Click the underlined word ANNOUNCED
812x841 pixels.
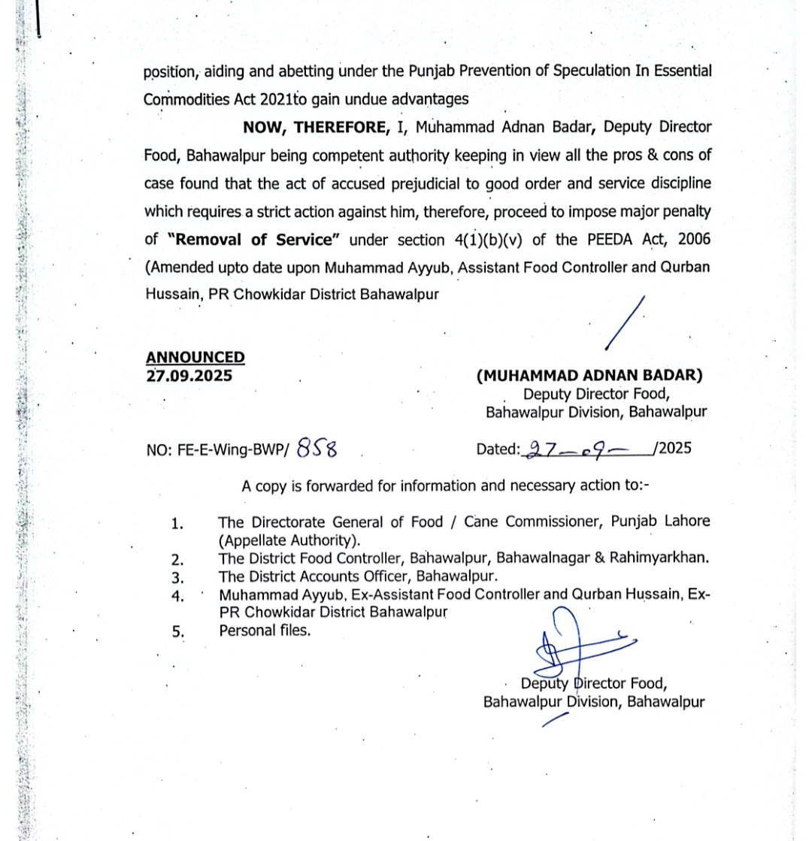pyautogui.click(x=195, y=358)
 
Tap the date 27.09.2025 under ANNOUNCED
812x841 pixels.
pyautogui.click(x=189, y=375)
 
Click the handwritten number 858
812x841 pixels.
pyautogui.click(x=317, y=449)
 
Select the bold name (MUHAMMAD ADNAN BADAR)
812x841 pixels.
pyautogui.click(x=589, y=376)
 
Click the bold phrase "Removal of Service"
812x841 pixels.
pyautogui.click(x=254, y=240)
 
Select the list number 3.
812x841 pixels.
pyautogui.click(x=177, y=578)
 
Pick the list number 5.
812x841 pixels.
pyautogui.click(x=177, y=632)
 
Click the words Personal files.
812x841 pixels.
pyautogui.click(x=265, y=631)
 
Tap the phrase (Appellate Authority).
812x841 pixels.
pyautogui.click(x=289, y=540)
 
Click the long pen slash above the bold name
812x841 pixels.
pyautogui.click(x=626, y=324)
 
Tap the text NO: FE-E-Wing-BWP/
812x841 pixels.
pyautogui.click(x=217, y=450)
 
